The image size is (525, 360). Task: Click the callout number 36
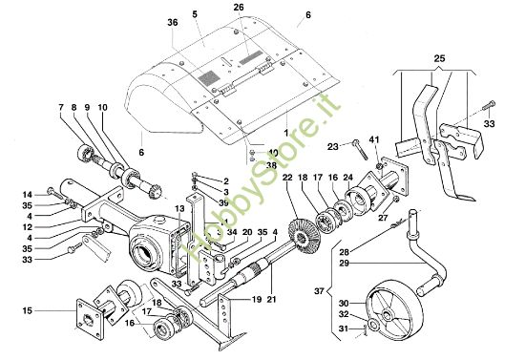[173, 24]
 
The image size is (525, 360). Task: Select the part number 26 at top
[238, 8]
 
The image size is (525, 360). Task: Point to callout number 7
[60, 107]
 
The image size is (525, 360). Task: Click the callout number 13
[178, 210]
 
